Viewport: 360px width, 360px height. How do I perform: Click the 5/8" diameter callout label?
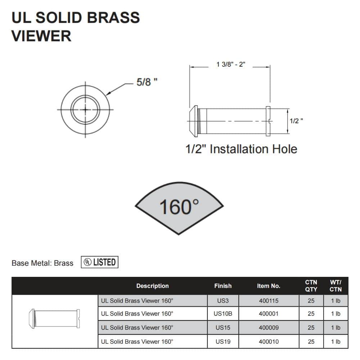tap(147, 82)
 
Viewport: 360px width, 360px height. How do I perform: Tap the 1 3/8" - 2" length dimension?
tap(231, 64)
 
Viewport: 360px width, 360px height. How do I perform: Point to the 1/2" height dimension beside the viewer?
tap(296, 121)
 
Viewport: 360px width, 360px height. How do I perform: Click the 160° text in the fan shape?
tap(179, 207)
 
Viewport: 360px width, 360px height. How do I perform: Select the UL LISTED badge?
tap(100, 262)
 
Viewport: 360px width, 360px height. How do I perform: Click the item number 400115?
tap(269, 301)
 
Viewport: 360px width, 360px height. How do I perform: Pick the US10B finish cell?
tap(223, 314)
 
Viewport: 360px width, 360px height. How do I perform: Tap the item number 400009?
tap(269, 328)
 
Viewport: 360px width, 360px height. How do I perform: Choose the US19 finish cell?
tap(223, 342)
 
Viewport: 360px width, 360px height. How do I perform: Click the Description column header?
tap(152, 286)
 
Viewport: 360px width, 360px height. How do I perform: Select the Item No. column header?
tap(269, 286)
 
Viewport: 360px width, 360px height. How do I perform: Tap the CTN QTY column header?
tap(311, 286)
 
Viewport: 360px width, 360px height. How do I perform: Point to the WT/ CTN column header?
tap(336, 286)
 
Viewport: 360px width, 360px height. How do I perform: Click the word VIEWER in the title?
tap(41, 36)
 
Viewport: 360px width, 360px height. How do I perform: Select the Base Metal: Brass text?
tap(42, 263)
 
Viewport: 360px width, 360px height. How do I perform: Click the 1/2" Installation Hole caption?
tap(241, 149)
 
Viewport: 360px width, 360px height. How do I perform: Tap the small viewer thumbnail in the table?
tap(54, 319)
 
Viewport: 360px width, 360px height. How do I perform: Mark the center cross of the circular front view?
tap(85, 110)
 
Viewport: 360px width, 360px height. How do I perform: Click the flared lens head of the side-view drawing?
tap(193, 121)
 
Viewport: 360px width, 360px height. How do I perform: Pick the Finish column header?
tap(223, 286)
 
